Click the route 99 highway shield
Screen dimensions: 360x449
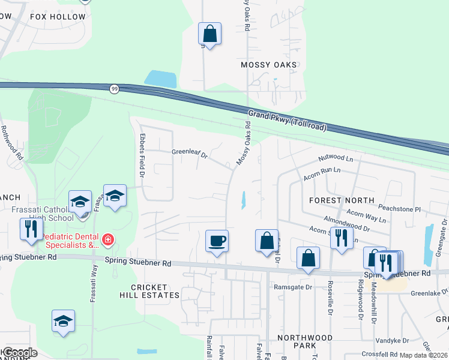(114, 89)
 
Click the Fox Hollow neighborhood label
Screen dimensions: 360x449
(58, 17)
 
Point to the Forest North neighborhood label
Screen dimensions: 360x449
(342, 200)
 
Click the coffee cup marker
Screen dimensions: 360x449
(217, 241)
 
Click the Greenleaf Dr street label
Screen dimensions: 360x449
(189, 155)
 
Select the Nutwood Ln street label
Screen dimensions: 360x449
(337, 158)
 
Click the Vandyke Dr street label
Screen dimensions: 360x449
(392, 340)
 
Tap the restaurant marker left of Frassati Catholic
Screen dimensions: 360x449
(31, 229)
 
